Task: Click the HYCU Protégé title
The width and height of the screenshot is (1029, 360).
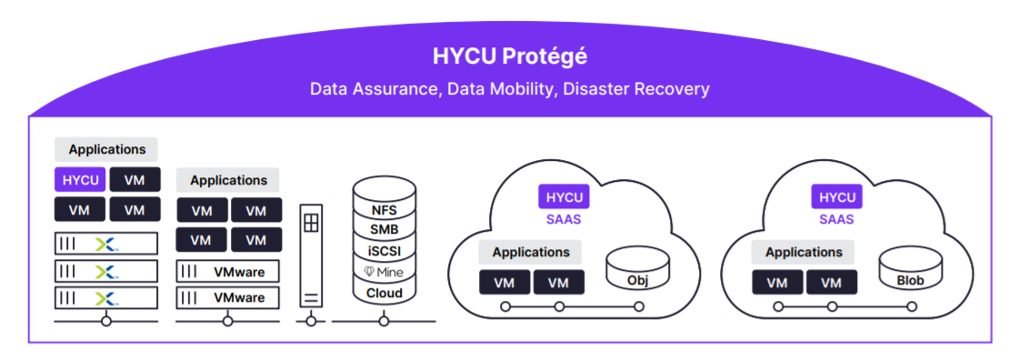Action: [509, 56]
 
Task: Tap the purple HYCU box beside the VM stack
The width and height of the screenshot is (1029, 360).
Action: [80, 180]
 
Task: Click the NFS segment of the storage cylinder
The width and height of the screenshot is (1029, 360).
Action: [384, 210]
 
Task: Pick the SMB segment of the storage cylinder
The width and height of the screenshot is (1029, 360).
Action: [384, 230]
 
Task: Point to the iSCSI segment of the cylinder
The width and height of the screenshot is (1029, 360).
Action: [384, 250]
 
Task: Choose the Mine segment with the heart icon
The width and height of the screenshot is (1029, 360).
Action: [384, 272]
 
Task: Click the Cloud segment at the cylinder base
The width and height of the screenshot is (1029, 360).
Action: [384, 293]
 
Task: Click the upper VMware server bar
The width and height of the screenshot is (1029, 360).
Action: [228, 271]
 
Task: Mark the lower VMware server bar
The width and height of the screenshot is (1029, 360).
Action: [228, 297]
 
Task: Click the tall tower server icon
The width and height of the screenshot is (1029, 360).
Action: [311, 257]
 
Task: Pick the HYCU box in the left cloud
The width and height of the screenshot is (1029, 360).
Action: [564, 197]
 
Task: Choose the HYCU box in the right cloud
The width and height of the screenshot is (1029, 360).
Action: [836, 197]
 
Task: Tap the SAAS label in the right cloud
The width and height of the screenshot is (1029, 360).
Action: [836, 219]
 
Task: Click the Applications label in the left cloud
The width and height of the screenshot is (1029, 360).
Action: [531, 252]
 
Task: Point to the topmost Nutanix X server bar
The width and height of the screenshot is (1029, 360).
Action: [106, 244]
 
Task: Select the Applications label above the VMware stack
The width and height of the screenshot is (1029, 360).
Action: [228, 180]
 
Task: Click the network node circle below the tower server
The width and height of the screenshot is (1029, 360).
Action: [311, 321]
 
